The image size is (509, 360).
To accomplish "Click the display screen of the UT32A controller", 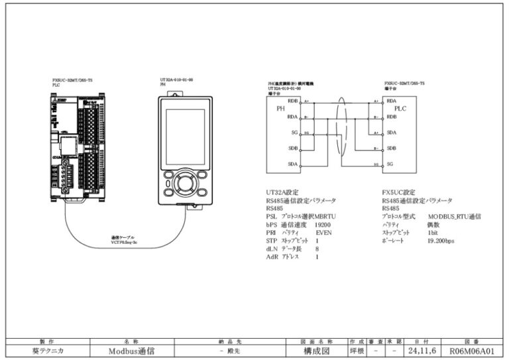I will pyautogui.click(x=185, y=136).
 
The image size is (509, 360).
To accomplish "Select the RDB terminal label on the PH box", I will pyautogui.click(x=292, y=101).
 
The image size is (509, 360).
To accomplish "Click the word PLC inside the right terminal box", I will pyautogui.click(x=400, y=109).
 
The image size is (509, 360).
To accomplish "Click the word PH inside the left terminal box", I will pyautogui.click(x=280, y=109).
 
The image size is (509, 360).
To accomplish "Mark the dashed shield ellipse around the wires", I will pyautogui.click(x=341, y=133).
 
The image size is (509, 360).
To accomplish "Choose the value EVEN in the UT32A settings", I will pyautogui.click(x=323, y=233).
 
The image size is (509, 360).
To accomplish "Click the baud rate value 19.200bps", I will pyautogui.click(x=441, y=241).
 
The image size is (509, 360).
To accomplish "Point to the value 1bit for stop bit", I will pyautogui.click(x=433, y=233).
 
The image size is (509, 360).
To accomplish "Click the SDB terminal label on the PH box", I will pyautogui.click(x=292, y=148).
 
